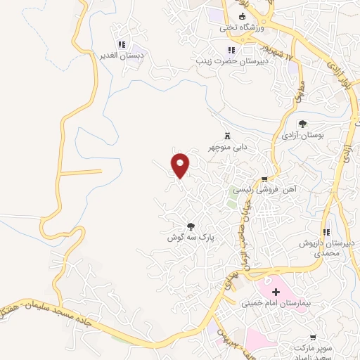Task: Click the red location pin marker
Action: point(181,165)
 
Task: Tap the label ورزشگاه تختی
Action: point(240,28)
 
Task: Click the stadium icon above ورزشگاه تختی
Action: point(243,16)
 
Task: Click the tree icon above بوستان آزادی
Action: point(303,124)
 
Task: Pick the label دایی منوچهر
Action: point(228,148)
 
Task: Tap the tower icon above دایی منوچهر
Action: point(226,136)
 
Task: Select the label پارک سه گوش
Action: point(190,238)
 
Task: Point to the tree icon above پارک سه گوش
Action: point(190,226)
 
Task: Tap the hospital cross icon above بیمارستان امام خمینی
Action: point(276,291)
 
